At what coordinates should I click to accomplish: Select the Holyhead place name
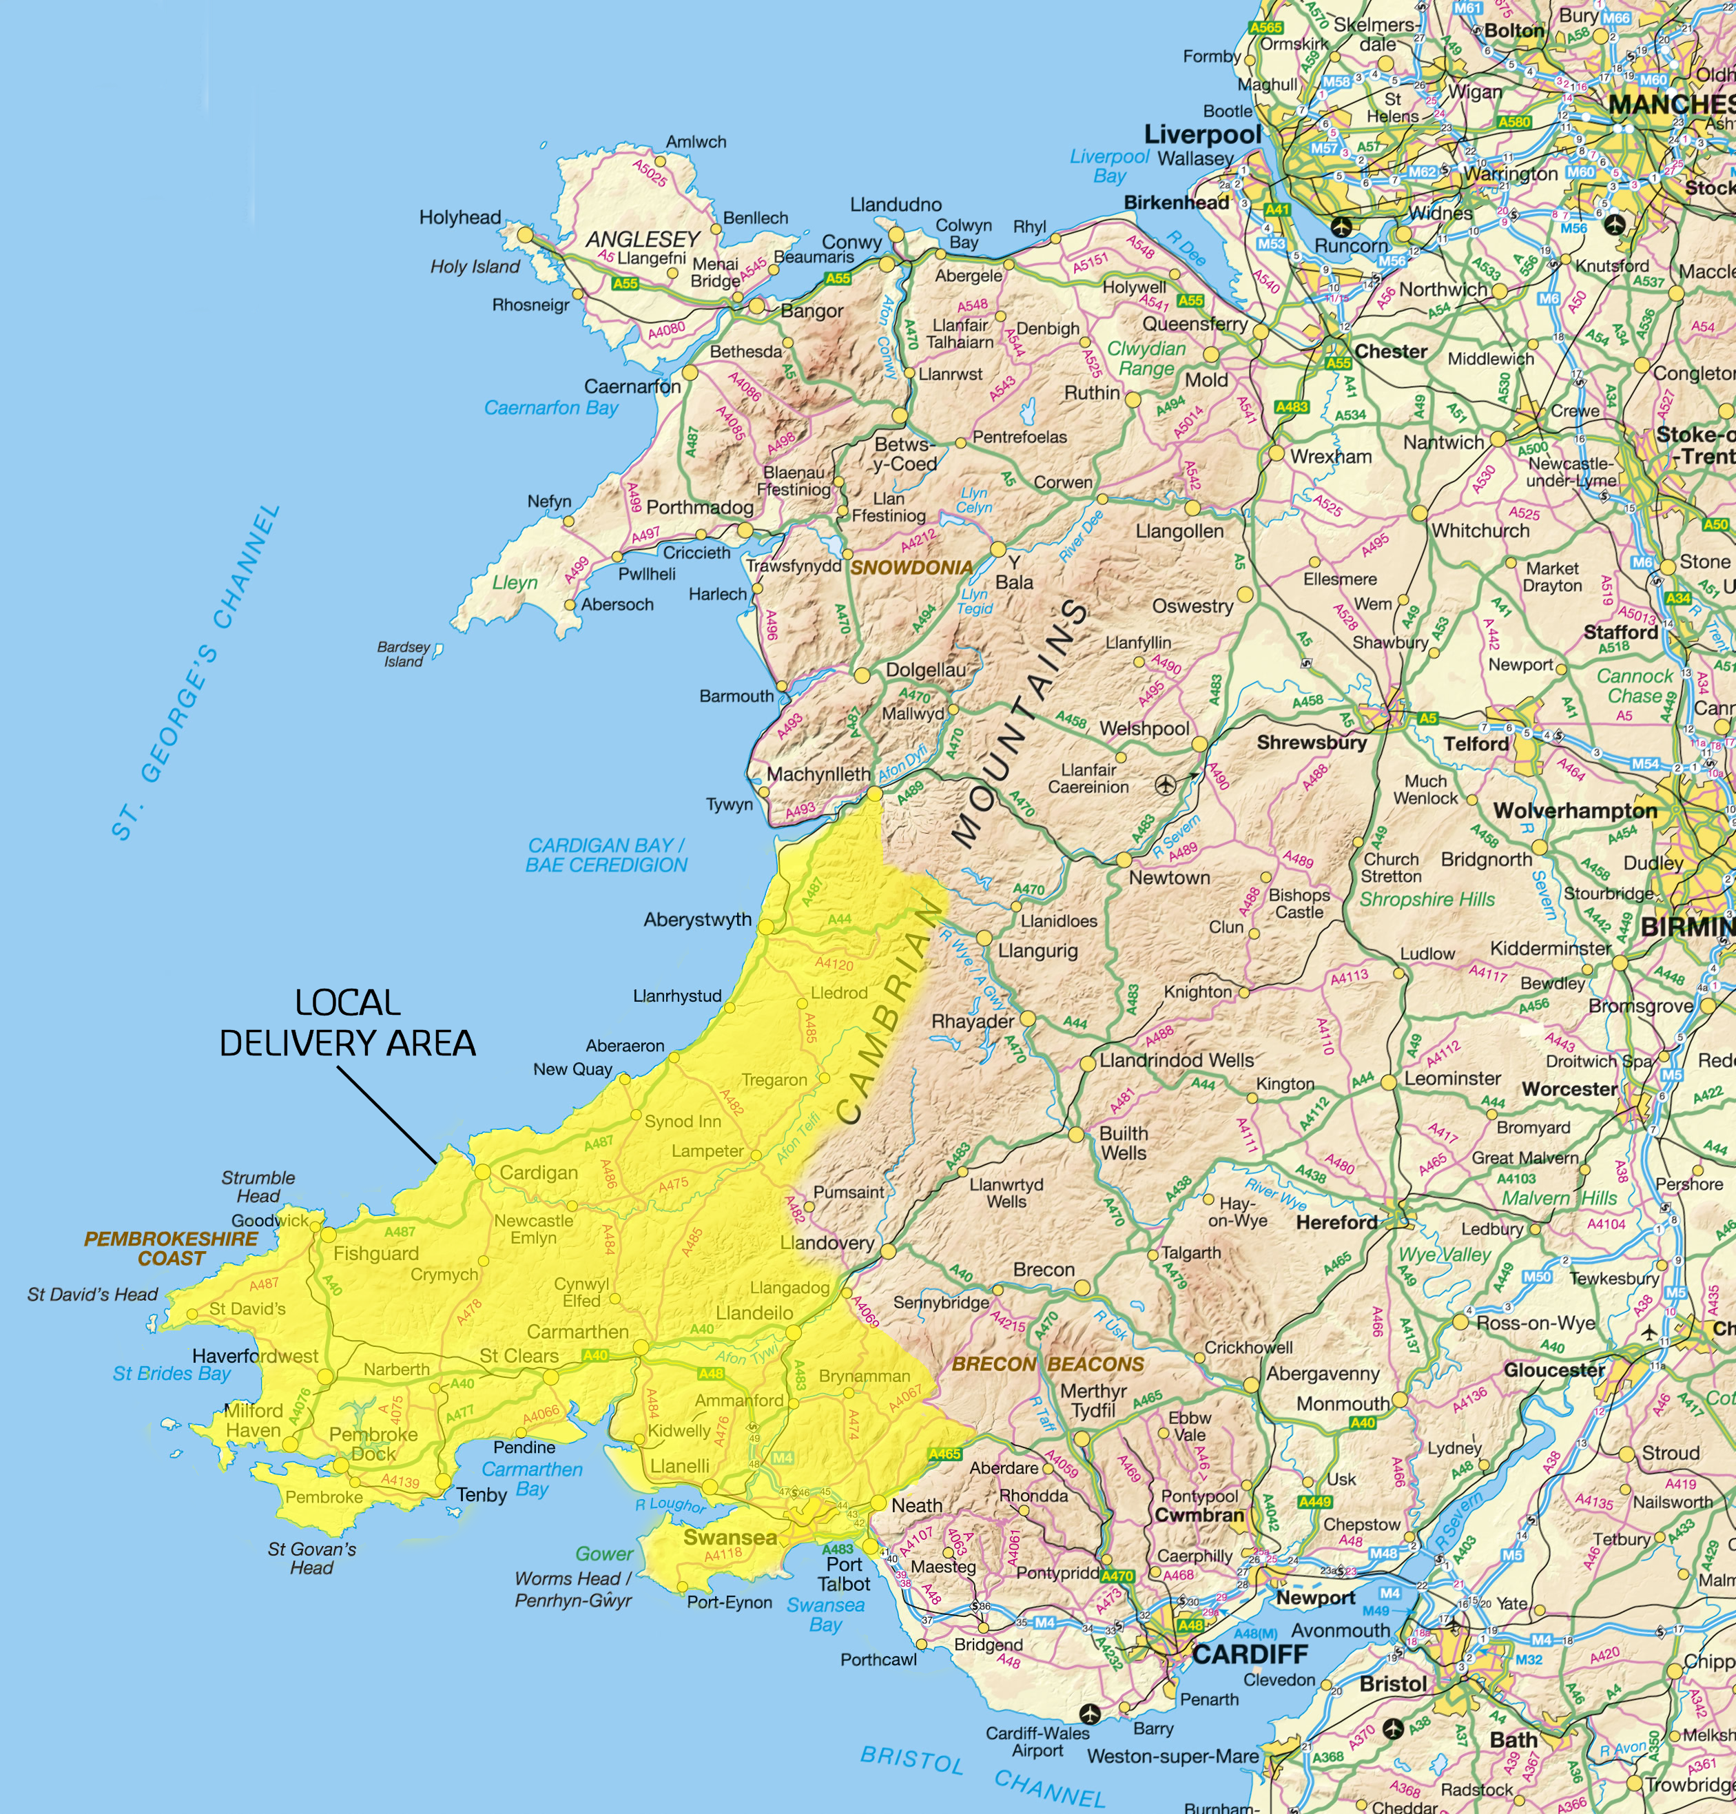[x=460, y=218]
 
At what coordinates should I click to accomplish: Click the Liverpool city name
[x=1202, y=135]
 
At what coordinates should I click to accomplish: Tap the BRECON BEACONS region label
[x=1048, y=1363]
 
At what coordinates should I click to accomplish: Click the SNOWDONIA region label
[x=911, y=567]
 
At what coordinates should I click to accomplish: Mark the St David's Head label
[x=92, y=1295]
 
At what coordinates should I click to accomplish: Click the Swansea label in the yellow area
[x=730, y=1537]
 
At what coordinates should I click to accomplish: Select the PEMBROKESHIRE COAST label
[x=172, y=1248]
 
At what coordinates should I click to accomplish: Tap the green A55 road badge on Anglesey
[x=626, y=283]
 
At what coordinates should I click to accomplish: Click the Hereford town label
[x=1336, y=1222]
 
